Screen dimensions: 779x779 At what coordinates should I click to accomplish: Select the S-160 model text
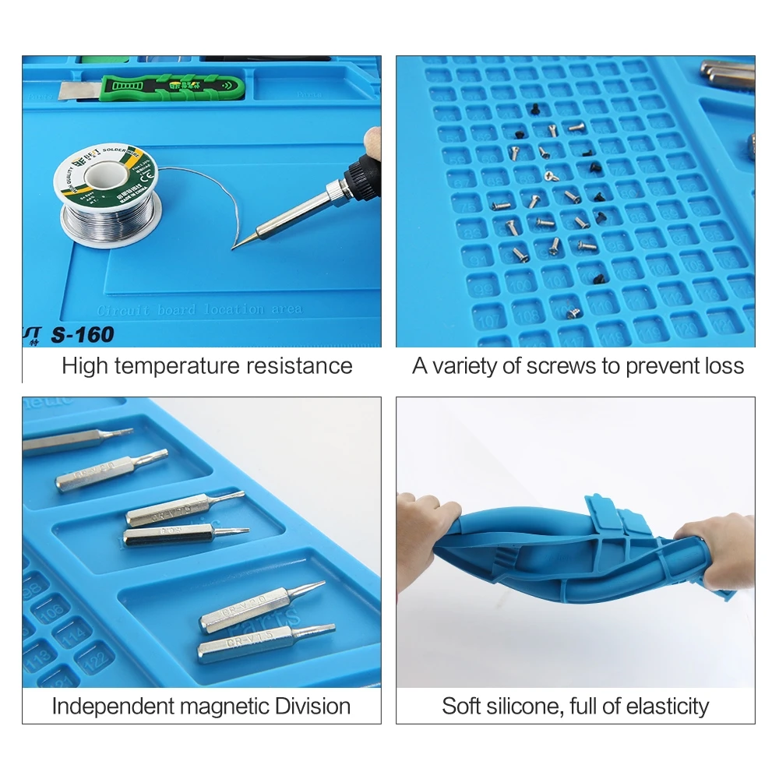pyautogui.click(x=82, y=335)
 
